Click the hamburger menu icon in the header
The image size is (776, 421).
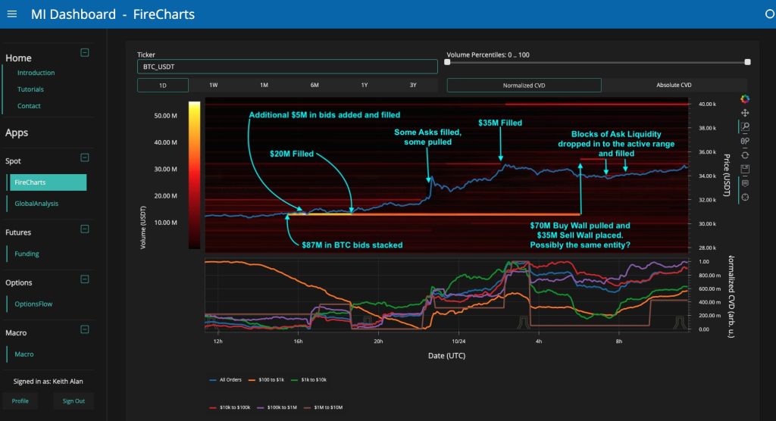12,14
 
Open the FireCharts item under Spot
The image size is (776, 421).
48,182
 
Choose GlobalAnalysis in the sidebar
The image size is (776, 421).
36,203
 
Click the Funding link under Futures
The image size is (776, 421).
27,254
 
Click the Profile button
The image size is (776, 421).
20,401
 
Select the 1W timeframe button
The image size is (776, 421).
214,85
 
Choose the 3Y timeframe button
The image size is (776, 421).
413,85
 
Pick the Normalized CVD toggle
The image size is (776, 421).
524,86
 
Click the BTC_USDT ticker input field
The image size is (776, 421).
287,67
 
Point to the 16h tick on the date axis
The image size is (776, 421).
298,341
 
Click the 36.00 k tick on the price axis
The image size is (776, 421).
706,152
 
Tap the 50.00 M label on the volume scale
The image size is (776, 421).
165,116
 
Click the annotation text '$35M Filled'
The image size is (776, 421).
500,123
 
